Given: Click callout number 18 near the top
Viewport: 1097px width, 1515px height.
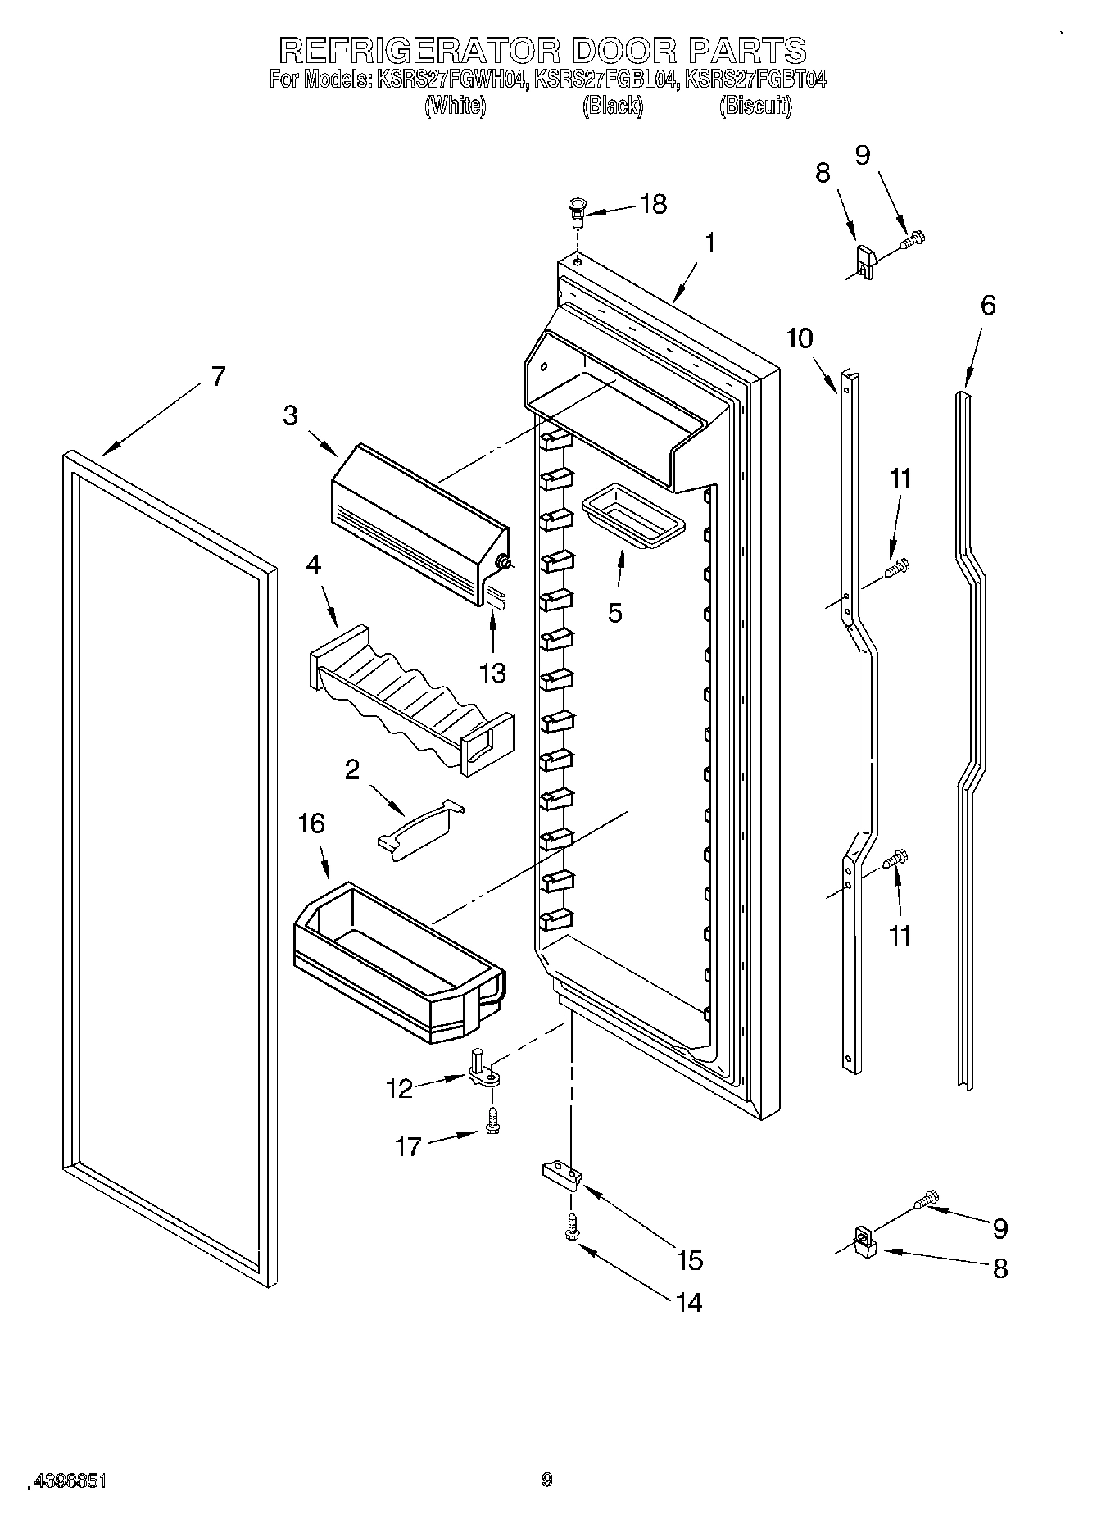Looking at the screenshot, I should (x=653, y=204).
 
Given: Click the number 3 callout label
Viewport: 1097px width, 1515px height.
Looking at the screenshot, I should (x=291, y=415).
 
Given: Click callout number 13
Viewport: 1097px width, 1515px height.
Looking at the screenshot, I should (x=493, y=673).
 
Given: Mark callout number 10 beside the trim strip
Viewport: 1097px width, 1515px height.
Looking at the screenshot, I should (x=800, y=338).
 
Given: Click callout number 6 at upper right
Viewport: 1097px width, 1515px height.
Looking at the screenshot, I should (x=988, y=305).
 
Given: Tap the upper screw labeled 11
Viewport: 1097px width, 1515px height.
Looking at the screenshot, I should (x=899, y=565).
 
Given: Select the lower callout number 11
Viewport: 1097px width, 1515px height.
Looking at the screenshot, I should (x=900, y=935).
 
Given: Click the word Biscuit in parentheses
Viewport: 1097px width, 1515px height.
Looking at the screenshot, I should (x=755, y=106).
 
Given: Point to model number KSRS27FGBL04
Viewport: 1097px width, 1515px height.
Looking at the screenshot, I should (x=606, y=79).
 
